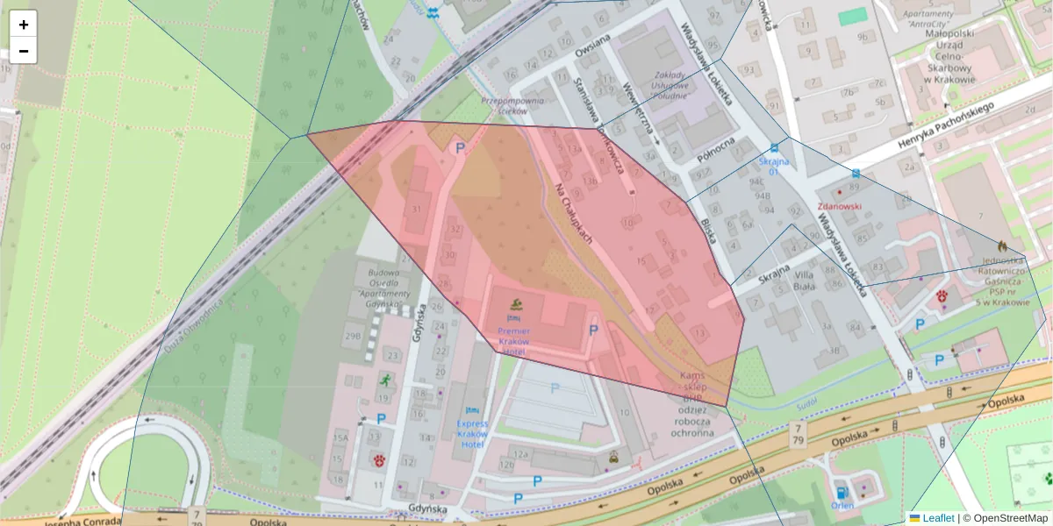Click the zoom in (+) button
click(24, 25)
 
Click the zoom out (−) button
click(24, 51)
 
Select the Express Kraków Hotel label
click(472, 434)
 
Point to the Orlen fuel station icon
click(842, 492)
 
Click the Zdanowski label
click(840, 207)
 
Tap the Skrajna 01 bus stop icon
click(773, 148)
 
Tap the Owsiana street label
click(592, 46)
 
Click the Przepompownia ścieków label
click(513, 106)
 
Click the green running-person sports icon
click(384, 380)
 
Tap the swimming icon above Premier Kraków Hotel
click(516, 305)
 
